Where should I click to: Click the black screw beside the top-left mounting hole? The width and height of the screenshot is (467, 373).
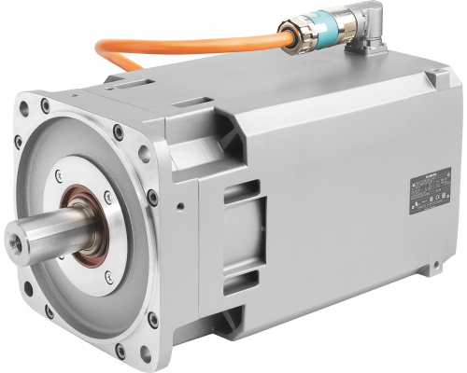coord(18,142)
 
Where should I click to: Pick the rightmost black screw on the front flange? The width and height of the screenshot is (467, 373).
coord(152,198)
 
